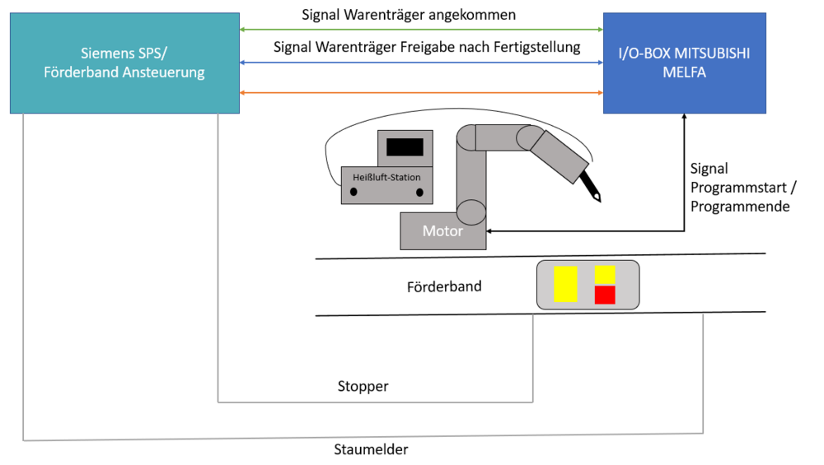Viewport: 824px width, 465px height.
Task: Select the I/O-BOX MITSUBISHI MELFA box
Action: (x=684, y=63)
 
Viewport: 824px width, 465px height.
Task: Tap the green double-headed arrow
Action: (x=420, y=30)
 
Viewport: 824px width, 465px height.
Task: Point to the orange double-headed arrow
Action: (x=420, y=93)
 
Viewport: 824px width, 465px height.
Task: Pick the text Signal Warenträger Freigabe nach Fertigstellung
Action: (x=427, y=47)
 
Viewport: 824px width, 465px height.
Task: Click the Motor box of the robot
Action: (x=442, y=231)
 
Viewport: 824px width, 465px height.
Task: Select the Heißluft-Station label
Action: (x=386, y=177)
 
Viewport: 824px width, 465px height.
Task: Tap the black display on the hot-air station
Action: (x=405, y=147)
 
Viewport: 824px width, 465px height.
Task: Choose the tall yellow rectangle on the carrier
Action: (x=565, y=284)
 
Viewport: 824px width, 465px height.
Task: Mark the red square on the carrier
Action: (x=605, y=295)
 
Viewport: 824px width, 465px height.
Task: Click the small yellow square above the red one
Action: (x=605, y=274)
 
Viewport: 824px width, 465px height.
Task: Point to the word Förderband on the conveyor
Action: (x=444, y=287)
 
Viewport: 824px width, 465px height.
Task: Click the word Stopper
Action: (x=363, y=386)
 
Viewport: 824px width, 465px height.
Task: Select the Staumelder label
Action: (x=371, y=449)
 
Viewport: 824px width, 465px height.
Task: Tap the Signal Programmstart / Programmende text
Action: (x=739, y=188)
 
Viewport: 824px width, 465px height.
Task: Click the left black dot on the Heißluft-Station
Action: (x=353, y=192)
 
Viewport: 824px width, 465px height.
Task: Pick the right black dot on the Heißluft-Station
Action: (x=419, y=192)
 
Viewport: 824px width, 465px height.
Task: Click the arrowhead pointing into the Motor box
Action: (x=491, y=231)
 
